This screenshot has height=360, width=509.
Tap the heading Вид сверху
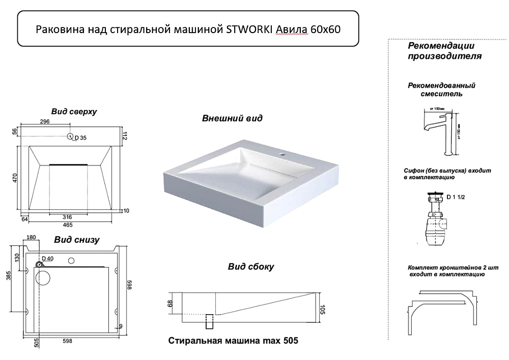pos(74,111)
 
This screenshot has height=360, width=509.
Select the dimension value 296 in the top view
pos(44,122)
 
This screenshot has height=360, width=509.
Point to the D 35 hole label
pos(80,137)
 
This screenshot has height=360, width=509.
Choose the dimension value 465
pos(68,225)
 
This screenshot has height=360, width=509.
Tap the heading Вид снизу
pos(77,239)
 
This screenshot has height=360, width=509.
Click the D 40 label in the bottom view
pos(47,259)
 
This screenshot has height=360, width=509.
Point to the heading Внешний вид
pos(232,118)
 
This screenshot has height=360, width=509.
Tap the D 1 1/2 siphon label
pos(455,197)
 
